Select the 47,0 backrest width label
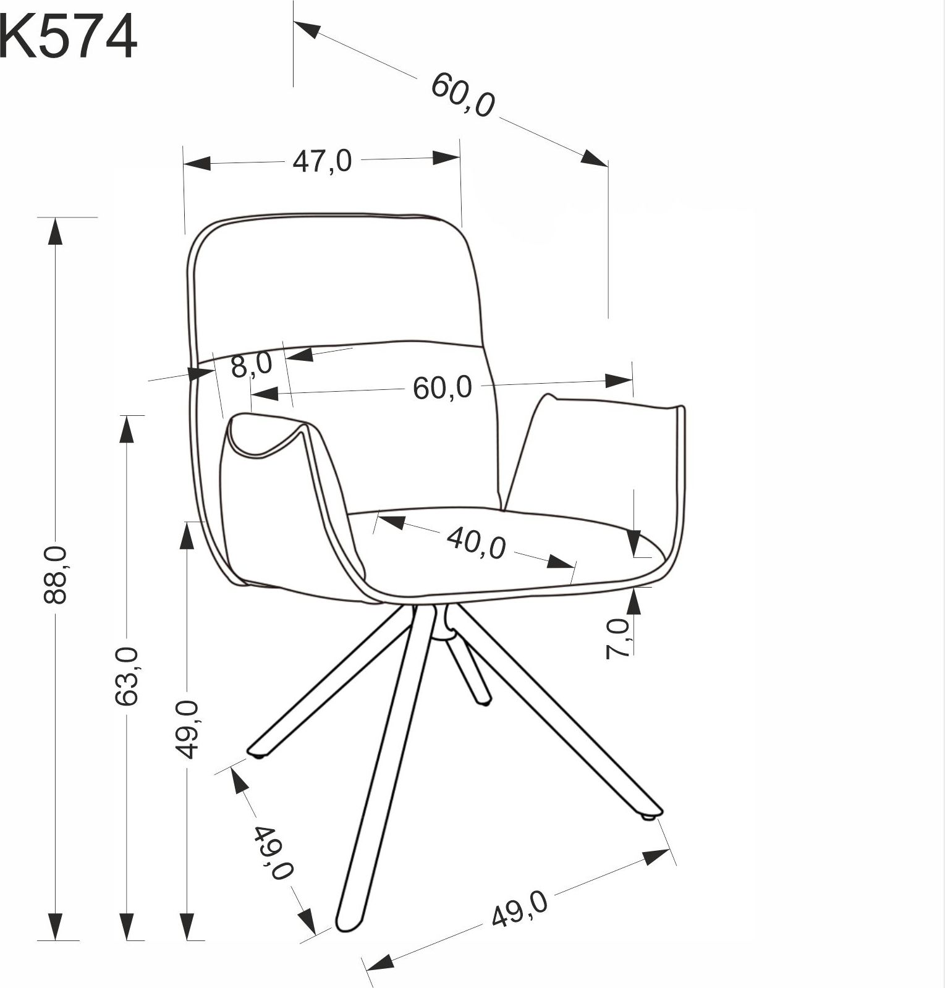tap(322, 161)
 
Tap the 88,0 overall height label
tap(56, 574)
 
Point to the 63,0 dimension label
tap(127, 676)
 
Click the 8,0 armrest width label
tap(252, 365)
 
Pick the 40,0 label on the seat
tap(477, 542)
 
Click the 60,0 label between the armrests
tap(443, 388)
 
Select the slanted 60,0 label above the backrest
tap(463, 95)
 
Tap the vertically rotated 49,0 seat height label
tap(187, 729)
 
